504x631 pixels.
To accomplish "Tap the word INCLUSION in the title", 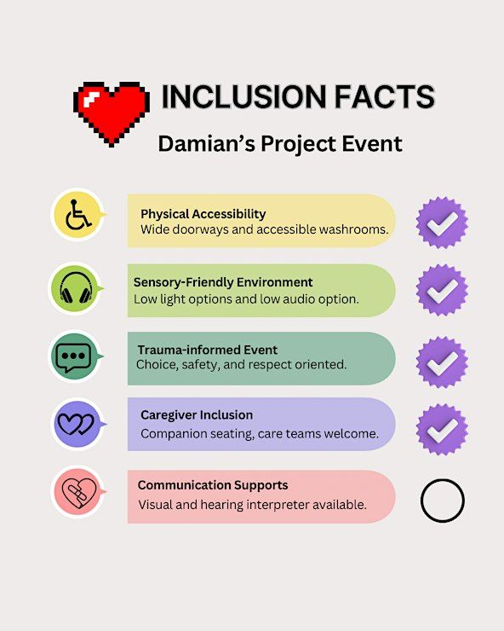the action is (243, 96).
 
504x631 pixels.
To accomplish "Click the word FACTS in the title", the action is (385, 96).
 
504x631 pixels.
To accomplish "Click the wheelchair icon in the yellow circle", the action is (78, 215).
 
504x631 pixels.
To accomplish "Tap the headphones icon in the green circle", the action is (76, 288).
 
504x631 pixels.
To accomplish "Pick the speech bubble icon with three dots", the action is (73, 357).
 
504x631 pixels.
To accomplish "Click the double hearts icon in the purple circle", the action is (76, 424).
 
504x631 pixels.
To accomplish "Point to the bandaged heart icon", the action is (79, 493).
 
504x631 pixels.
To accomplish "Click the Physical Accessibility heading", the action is (203, 214).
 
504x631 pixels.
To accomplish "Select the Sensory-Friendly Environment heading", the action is (223, 282).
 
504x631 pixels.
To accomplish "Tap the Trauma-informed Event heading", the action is (208, 350).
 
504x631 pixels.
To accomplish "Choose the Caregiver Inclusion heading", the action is (197, 415).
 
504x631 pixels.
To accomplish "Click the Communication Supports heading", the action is (213, 485).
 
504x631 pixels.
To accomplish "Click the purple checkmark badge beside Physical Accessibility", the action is (442, 223).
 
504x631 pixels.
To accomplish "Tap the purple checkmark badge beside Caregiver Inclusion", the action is (442, 430).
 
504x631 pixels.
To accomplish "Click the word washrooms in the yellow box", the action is (353, 229).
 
